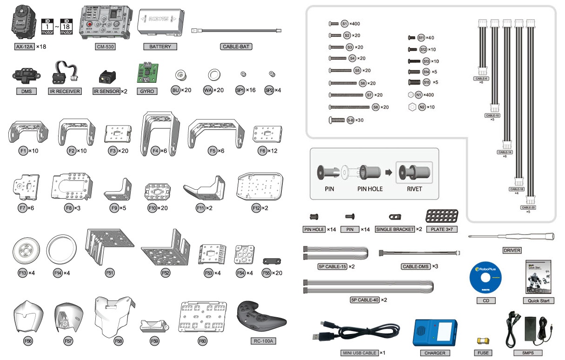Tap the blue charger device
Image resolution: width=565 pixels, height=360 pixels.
pyautogui.click(x=435, y=332)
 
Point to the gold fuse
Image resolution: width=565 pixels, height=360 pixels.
pyautogui.click(x=483, y=341)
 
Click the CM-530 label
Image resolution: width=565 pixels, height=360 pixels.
pyautogui.click(x=105, y=47)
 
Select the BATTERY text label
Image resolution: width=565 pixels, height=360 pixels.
pyautogui.click(x=160, y=47)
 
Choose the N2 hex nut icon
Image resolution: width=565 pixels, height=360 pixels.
pyautogui.click(x=412, y=107)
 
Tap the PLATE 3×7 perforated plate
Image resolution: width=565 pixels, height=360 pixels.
pyautogui.click(x=441, y=216)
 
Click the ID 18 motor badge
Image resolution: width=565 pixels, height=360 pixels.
pyautogui.click(x=67, y=27)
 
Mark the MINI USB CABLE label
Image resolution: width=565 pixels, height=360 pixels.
pyautogui.click(x=359, y=353)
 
